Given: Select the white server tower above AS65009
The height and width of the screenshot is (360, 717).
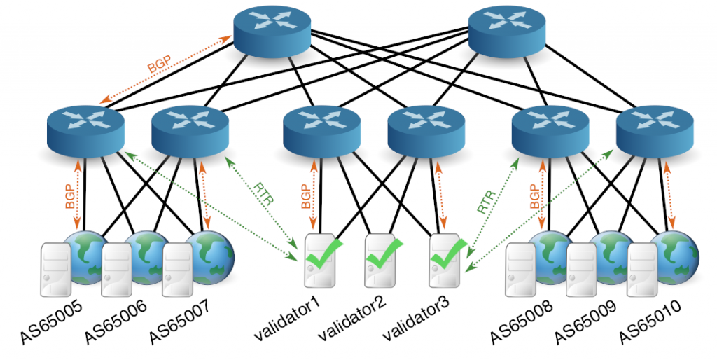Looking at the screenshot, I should (x=581, y=268).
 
